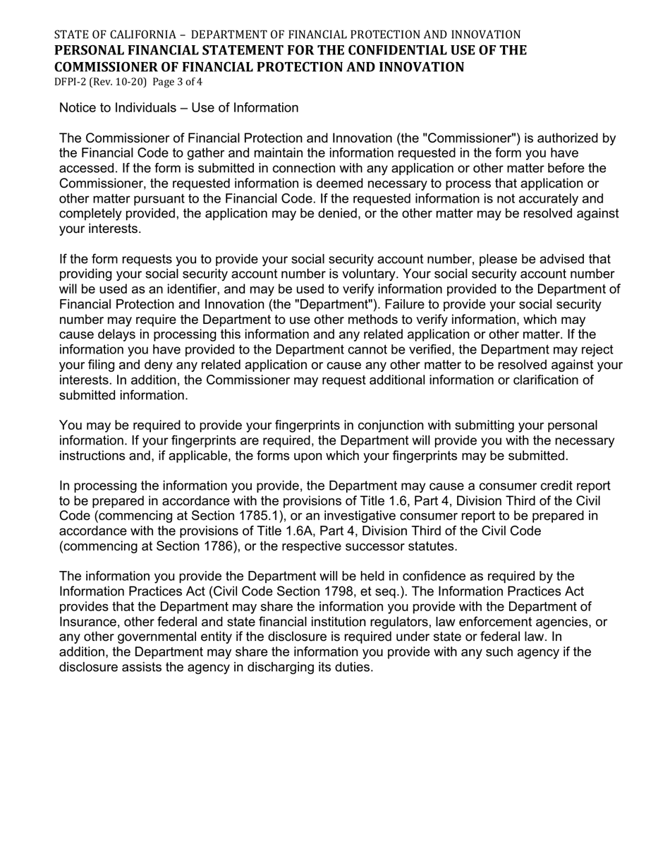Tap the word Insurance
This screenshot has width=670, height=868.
89,622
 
